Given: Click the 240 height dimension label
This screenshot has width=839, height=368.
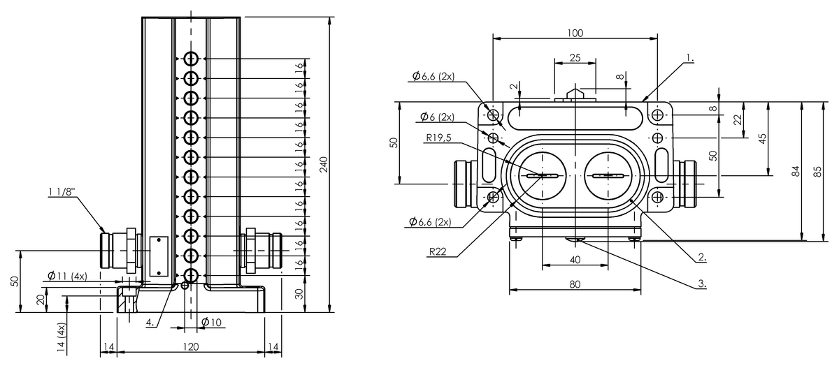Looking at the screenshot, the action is coord(324,165).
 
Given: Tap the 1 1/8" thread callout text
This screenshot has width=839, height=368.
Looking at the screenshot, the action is coord(62,191).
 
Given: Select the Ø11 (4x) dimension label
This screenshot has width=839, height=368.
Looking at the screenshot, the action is coord(67,276).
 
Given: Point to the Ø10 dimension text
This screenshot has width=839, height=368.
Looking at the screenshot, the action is coord(212,322).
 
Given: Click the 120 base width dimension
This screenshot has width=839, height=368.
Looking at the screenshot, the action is coord(191,346).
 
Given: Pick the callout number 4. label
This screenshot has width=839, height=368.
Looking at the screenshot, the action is coord(150,323).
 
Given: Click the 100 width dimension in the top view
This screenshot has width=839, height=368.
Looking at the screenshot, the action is coord(575,33).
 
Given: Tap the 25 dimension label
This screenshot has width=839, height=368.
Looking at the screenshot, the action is coord(575,57).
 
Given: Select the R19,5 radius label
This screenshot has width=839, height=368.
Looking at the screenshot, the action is coord(438,138).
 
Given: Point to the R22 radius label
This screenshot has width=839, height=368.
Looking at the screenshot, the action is coord(438,251).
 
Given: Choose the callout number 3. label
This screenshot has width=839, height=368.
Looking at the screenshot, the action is coord(702,284).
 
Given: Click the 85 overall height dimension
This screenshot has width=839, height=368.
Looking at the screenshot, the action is coord(817,171).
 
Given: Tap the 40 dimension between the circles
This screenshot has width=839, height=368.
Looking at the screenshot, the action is coord(575,259).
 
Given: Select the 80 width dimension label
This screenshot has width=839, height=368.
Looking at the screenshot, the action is coord(575,284).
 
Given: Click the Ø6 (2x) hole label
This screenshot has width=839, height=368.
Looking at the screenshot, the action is coord(437,117).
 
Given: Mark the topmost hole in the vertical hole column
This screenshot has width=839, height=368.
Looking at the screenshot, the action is coord(191,59).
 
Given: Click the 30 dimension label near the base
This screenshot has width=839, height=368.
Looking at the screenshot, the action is coord(299,294).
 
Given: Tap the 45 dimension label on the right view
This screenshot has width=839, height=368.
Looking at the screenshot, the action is coord(762,139).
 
